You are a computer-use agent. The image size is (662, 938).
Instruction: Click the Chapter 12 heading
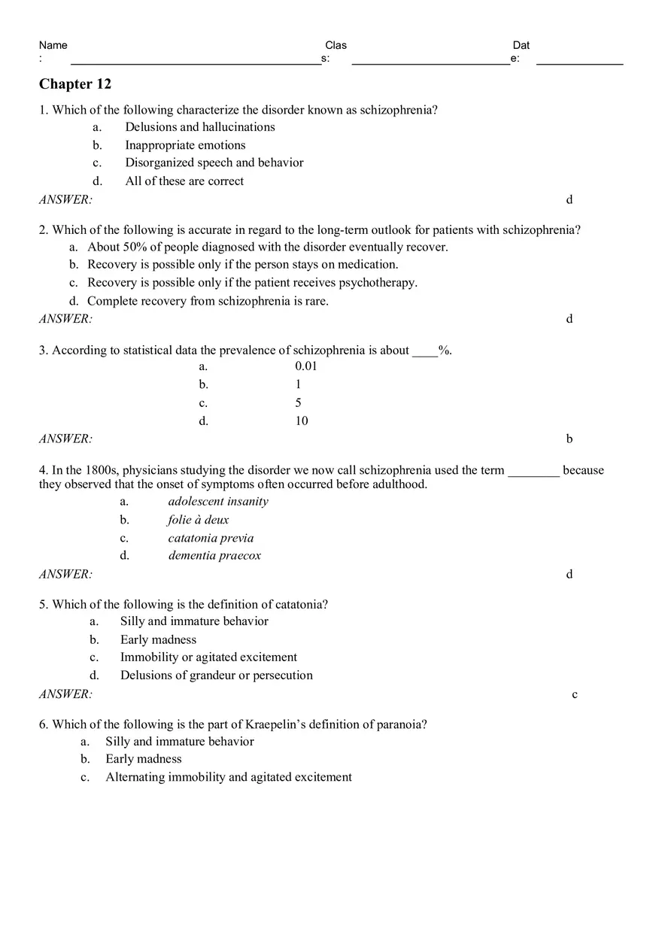tap(75, 83)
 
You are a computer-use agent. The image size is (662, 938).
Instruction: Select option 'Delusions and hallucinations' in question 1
tap(200, 127)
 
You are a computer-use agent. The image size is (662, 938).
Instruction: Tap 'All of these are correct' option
tap(184, 181)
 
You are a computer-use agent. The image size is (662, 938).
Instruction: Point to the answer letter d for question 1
tap(569, 200)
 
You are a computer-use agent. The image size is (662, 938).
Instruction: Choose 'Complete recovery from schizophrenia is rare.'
tap(208, 301)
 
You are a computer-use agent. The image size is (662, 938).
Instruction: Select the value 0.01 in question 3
tap(306, 366)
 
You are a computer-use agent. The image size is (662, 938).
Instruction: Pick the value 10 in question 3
tap(302, 421)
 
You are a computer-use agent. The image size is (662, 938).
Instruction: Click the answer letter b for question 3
tap(569, 439)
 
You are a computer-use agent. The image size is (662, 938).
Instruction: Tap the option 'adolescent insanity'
tap(218, 502)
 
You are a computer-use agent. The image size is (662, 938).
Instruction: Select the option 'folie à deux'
tap(199, 520)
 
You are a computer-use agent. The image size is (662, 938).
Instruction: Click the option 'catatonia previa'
tap(211, 538)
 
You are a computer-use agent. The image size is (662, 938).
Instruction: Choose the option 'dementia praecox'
tap(214, 556)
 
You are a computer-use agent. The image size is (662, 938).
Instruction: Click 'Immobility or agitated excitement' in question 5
tap(208, 657)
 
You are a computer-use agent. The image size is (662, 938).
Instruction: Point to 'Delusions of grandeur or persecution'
tap(217, 675)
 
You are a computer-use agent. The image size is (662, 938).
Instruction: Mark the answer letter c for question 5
tap(575, 695)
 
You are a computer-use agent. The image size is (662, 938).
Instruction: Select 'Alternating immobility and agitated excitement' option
tap(229, 777)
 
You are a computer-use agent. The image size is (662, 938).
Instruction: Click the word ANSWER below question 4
tap(65, 575)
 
